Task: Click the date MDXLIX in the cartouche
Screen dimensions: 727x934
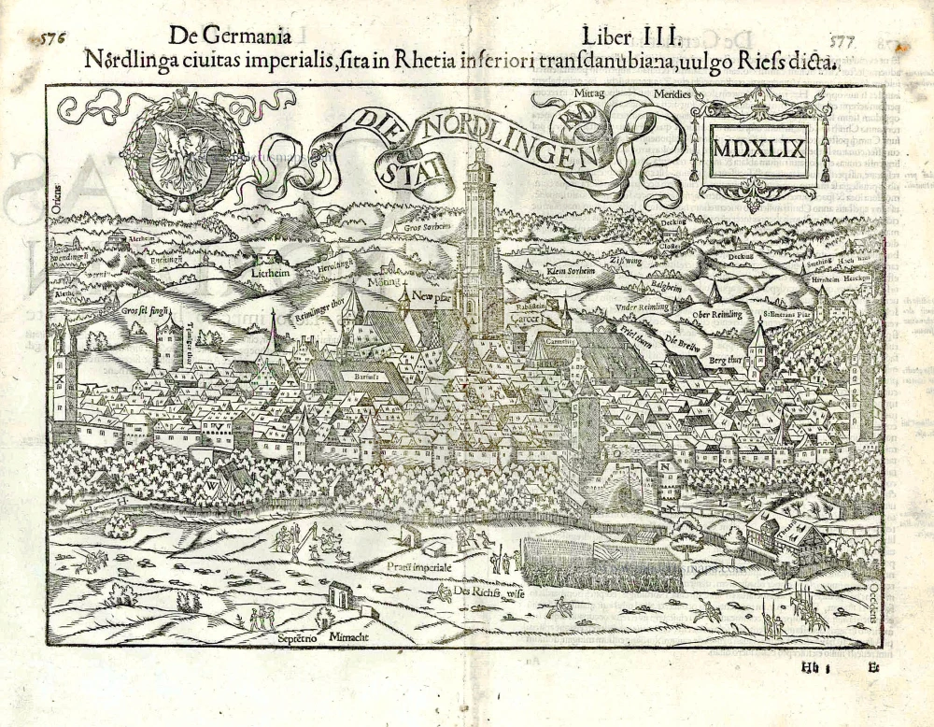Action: [x=758, y=148]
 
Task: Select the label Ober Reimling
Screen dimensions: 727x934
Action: [x=717, y=315]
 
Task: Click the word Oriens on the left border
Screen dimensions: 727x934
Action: [x=57, y=198]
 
